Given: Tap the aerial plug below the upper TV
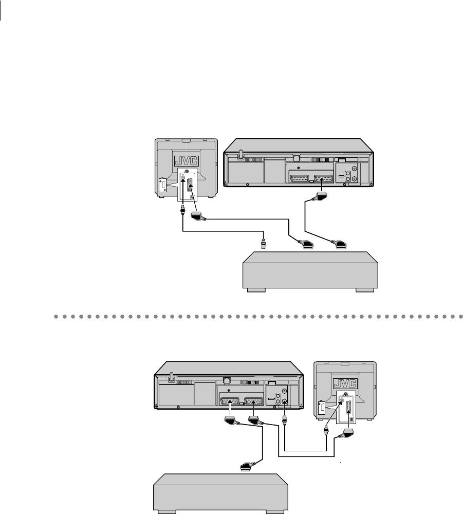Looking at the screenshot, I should point(183,210).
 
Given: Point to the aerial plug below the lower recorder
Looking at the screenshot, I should point(284,423).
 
